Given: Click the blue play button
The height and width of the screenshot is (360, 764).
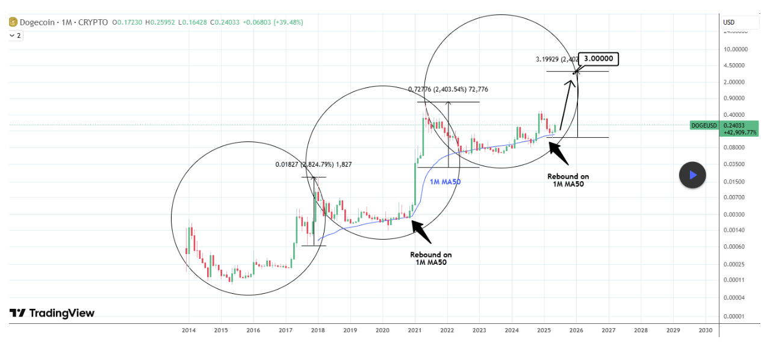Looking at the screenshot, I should pos(692,175).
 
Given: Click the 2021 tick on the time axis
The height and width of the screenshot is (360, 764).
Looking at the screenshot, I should pos(415,331).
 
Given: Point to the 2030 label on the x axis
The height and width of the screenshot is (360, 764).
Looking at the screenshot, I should pos(705,331).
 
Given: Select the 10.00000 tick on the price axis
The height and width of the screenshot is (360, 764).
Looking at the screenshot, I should pos(734,49).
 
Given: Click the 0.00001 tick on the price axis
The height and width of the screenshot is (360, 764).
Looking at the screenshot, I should pos(734,317).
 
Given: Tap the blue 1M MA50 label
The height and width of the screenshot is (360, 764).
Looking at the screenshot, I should pos(445,181).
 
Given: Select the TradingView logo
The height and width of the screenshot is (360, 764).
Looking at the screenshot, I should pos(52,313).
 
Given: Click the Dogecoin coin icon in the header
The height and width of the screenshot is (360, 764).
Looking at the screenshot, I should pos(13,22).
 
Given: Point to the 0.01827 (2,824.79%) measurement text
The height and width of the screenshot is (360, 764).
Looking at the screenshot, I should pos(314,164).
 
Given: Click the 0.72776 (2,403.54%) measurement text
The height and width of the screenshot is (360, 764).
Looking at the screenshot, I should pos(448,90).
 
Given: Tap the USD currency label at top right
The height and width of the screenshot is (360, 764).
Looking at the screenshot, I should pos(728,23).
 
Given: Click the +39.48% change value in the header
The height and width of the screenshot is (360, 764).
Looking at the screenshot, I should pos(288,22).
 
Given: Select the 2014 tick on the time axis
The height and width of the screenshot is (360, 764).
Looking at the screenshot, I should pos(188,331).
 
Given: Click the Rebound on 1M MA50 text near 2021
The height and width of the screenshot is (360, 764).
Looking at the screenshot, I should pos(430,258).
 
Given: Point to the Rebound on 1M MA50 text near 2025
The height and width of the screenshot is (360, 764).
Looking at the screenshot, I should pos(568,180).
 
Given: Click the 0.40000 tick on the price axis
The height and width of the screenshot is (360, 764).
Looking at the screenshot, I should pos(734,114).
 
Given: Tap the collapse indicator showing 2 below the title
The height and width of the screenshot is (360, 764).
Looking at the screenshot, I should pos(15,36).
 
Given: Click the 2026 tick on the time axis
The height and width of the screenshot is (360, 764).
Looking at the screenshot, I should pos(576,331).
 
